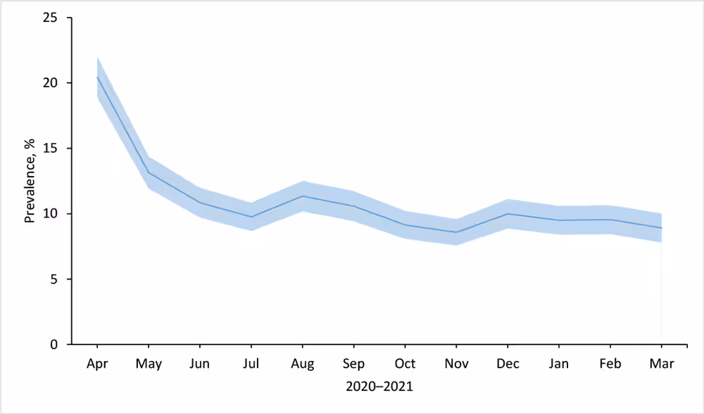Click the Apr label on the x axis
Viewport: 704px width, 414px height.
click(97, 364)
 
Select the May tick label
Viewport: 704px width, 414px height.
click(149, 364)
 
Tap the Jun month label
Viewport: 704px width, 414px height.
click(200, 364)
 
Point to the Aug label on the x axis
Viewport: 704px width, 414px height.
click(303, 364)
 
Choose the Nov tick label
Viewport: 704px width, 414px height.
click(456, 364)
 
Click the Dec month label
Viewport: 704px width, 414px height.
click(508, 364)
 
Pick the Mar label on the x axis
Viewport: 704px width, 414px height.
click(662, 364)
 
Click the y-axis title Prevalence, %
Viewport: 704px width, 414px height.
click(30, 181)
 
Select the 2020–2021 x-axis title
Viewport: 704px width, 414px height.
click(379, 387)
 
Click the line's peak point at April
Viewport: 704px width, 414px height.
click(97, 77)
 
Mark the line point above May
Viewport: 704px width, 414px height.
click(149, 172)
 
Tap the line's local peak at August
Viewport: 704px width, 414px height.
click(303, 196)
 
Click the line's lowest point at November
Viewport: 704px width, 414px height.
click(456, 232)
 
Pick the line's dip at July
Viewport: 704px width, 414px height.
click(251, 217)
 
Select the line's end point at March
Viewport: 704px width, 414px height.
click(662, 228)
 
